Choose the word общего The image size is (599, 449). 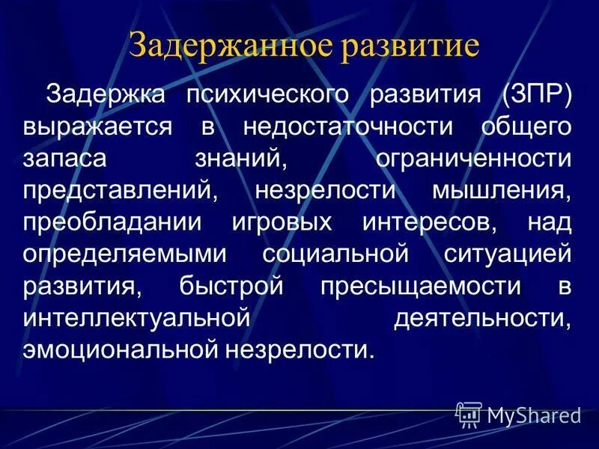click(x=529, y=126)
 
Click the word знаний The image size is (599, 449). click(x=249, y=159)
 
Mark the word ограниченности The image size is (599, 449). click(x=466, y=159)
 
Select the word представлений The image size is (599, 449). click(x=119, y=190)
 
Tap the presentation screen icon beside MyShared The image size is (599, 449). click(x=469, y=414)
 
